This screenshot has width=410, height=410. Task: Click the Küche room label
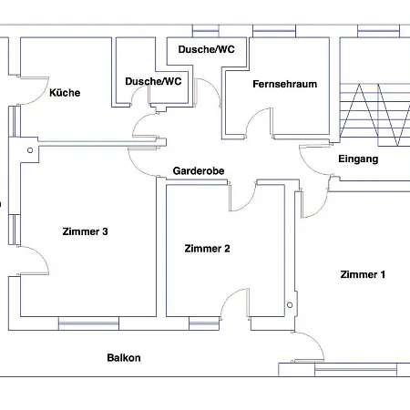[x=65, y=93]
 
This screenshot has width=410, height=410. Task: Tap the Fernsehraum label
[x=284, y=84]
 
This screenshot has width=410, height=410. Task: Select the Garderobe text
[x=199, y=170]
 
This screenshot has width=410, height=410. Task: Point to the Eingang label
[x=358, y=159]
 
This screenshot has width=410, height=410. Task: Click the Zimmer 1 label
[x=363, y=274]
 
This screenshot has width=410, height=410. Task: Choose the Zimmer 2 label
[x=207, y=249]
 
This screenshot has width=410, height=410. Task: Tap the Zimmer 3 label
[x=85, y=231]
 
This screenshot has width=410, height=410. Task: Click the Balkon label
[x=124, y=357]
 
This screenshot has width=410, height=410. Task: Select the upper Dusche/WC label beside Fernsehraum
[x=206, y=49]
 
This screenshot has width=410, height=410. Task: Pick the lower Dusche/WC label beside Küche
[x=153, y=81]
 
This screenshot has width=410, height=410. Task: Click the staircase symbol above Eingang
[x=374, y=115]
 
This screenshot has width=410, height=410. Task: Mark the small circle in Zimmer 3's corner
[x=30, y=150]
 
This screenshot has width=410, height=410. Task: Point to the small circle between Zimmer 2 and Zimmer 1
[x=290, y=305]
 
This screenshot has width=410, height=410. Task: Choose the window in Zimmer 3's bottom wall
[x=88, y=323]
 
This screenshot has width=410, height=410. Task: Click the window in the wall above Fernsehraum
[x=274, y=31]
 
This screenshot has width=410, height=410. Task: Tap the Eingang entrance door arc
[x=308, y=166]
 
